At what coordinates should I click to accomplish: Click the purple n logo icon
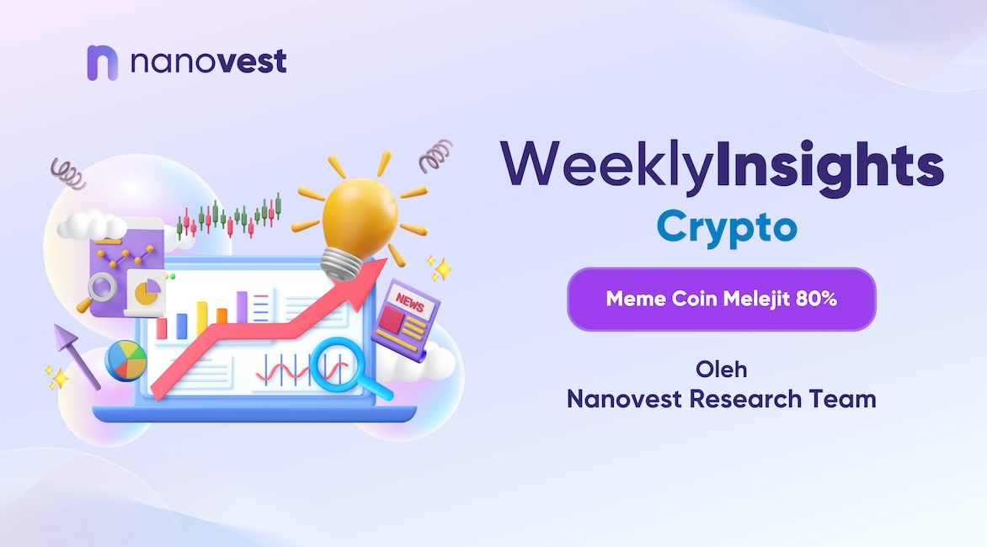(x=102, y=63)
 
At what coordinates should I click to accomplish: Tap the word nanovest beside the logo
(x=208, y=61)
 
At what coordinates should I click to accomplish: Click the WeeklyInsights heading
(x=722, y=166)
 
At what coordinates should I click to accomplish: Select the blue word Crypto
(x=727, y=227)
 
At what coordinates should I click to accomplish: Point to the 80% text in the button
(x=816, y=299)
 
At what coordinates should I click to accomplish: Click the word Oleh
(x=722, y=369)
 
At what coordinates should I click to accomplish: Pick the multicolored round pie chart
(x=125, y=361)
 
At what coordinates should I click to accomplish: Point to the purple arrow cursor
(x=76, y=355)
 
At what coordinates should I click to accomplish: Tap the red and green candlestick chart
(x=229, y=218)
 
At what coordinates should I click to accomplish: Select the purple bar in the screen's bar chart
(x=242, y=307)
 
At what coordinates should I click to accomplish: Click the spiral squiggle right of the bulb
(x=436, y=156)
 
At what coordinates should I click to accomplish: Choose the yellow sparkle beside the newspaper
(x=440, y=268)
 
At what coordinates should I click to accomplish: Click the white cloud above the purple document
(x=92, y=225)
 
